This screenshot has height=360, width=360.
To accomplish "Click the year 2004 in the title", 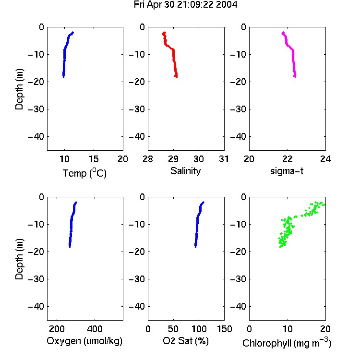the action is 227,5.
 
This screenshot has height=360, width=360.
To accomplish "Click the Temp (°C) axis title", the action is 84,173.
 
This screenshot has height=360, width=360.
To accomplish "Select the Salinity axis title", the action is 185,171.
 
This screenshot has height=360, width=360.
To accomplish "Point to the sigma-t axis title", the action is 287,171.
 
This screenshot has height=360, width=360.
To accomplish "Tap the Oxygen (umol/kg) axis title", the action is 84,341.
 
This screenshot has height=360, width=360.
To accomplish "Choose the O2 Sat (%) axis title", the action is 186,341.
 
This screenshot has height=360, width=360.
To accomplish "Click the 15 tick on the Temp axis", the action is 94,159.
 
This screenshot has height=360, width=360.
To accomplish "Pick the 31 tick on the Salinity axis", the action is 224,159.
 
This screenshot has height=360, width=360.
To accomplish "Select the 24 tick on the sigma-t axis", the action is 325,159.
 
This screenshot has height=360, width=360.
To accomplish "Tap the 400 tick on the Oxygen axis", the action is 95,329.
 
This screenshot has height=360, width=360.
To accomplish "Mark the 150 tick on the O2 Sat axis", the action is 225,329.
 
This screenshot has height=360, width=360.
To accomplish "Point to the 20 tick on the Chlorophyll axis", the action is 325,329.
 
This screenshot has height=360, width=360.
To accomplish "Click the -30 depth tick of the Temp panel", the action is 36,109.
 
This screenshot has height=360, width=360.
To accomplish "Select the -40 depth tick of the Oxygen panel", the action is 36,306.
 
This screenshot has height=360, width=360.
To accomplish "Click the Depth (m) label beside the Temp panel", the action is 19,89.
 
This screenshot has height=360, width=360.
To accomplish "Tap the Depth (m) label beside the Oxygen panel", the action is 19,259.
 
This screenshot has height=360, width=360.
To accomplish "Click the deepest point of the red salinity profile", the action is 176,77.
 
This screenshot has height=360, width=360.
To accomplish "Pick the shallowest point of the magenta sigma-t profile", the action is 283,33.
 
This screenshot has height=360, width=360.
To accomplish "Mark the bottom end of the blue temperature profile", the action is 63,77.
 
